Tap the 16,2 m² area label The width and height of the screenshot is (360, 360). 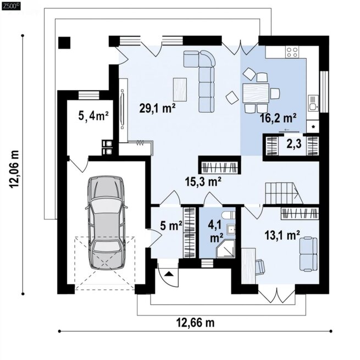pyautogui.click(x=278, y=118)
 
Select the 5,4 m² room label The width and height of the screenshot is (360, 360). pyautogui.click(x=93, y=116)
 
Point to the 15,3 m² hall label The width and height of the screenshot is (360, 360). pyautogui.click(x=203, y=181)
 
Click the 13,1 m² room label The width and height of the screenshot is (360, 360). pyautogui.click(x=283, y=235)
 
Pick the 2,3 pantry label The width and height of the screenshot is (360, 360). pyautogui.click(x=294, y=145)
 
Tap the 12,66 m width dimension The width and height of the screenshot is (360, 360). pyautogui.click(x=196, y=322)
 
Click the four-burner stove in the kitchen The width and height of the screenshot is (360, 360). pyautogui.click(x=292, y=52)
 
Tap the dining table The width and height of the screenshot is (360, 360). pyautogui.click(x=256, y=93)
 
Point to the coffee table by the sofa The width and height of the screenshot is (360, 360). pyautogui.click(x=180, y=90)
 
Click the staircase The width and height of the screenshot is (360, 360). pyautogui.click(x=284, y=193)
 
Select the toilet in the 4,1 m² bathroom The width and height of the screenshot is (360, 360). pyautogui.click(x=229, y=215)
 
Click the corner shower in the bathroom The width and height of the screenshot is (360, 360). pyautogui.click(x=226, y=248)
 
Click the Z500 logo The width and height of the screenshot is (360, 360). pyautogui.click(x=10, y=7)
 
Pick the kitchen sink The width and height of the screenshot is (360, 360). pyautogui.click(x=313, y=103)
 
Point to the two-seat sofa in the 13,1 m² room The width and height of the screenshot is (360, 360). pyautogui.click(x=308, y=254)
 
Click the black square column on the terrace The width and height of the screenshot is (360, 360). pyautogui.click(x=64, y=43)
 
